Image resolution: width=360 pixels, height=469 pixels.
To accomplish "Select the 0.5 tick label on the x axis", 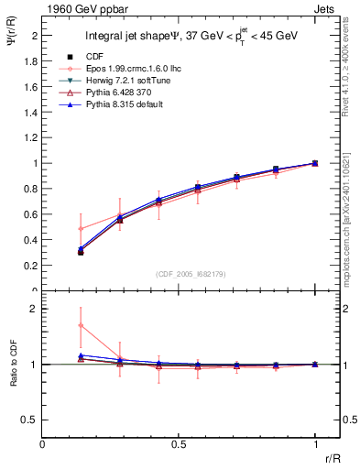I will click(179, 442).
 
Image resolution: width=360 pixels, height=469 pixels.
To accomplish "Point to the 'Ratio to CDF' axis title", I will click(12, 364).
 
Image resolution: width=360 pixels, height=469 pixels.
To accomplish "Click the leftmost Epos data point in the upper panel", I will click(81, 229).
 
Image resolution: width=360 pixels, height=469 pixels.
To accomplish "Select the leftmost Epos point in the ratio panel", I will click(81, 325).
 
